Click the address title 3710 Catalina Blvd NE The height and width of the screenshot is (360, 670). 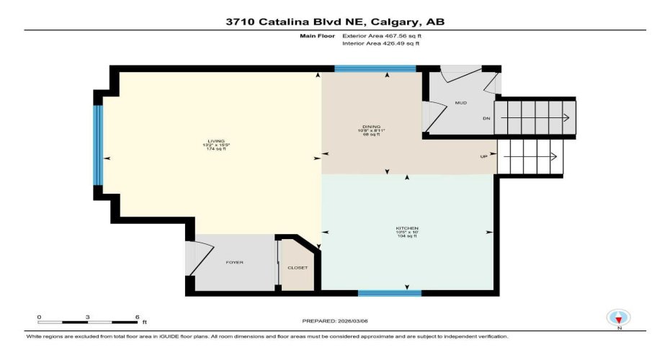[x=335, y=22]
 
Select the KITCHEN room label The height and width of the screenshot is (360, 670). [x=406, y=228]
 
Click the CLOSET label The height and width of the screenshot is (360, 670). [x=298, y=268]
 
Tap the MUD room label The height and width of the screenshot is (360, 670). [x=460, y=103]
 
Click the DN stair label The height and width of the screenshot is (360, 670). [x=486, y=119]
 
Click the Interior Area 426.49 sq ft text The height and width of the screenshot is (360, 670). [x=380, y=43]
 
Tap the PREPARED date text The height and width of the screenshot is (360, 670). [x=334, y=321]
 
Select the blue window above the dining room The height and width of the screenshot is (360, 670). [x=375, y=69]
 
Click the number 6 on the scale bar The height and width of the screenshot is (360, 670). [x=136, y=317]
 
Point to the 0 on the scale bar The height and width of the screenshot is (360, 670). [x=40, y=317]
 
